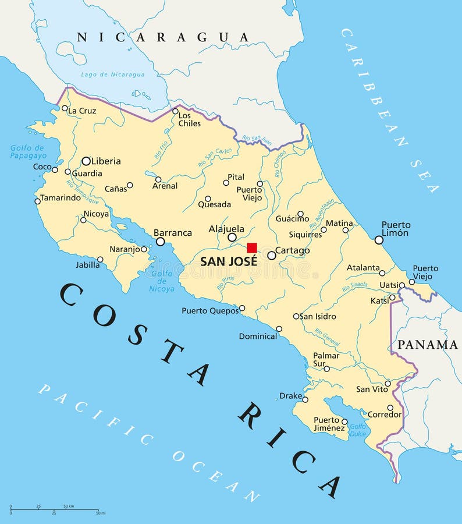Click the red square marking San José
[x=252, y=247]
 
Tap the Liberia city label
[x=106, y=161]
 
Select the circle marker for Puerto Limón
[x=379, y=240]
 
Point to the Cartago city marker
[x=272, y=255]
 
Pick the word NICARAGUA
[x=164, y=37]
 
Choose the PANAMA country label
[x=427, y=344]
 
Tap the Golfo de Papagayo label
[x=27, y=151]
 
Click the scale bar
[x=56, y=510]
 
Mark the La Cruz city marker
[x=65, y=108]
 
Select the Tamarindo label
[x=61, y=197]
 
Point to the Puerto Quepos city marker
[x=242, y=309]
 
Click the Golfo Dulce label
[x=357, y=430]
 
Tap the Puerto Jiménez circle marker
[x=344, y=422]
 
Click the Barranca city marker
[x=160, y=242]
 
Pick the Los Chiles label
[x=190, y=119]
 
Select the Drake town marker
[x=305, y=399]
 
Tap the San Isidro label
[x=318, y=316]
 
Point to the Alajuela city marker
[x=232, y=237]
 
